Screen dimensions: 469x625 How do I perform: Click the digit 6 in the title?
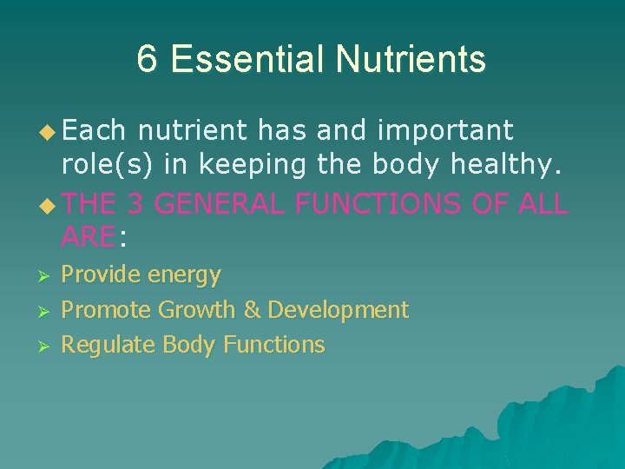[148, 59]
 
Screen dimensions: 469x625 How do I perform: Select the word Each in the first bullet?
[95, 131]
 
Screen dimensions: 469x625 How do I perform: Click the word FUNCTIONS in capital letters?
[378, 205]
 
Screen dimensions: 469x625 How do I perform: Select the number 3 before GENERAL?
[135, 205]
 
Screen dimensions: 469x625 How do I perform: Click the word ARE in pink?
[88, 235]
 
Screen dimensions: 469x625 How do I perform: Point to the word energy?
[184, 275]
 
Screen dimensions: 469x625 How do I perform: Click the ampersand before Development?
[251, 310]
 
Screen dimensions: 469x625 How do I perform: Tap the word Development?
[338, 310]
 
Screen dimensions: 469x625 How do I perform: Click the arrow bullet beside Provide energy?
[47, 276]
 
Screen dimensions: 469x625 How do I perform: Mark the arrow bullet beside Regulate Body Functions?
[47, 346]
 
